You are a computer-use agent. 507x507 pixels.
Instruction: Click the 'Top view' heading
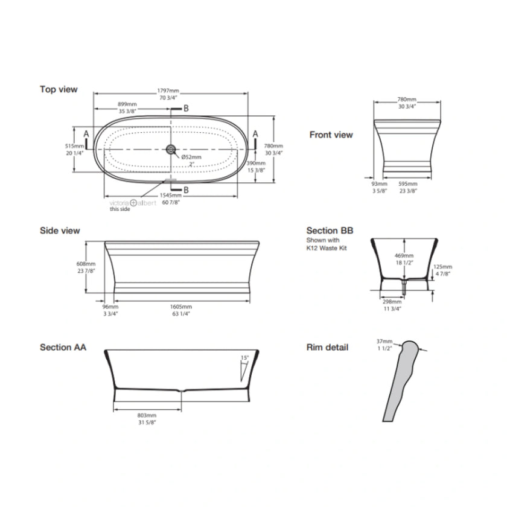click(x=59, y=89)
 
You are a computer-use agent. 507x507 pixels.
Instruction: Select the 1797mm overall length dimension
click(x=169, y=91)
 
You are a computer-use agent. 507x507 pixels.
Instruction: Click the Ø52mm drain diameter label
click(x=191, y=157)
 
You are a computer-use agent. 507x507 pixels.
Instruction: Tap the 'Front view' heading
click(x=331, y=135)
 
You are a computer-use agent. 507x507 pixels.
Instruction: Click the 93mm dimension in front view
click(x=380, y=183)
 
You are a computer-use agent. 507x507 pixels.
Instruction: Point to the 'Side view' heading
click(x=60, y=231)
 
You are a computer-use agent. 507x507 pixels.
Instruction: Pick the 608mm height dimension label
click(x=86, y=264)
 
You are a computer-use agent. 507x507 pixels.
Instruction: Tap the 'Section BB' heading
click(x=330, y=231)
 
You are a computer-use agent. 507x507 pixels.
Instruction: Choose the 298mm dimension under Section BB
click(x=392, y=301)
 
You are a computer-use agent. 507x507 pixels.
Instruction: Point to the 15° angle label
click(x=244, y=357)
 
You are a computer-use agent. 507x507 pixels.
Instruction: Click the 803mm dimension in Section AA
click(x=147, y=415)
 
